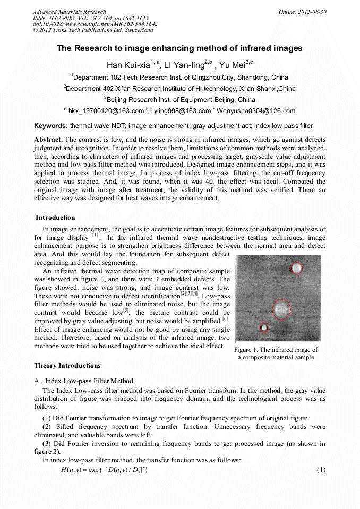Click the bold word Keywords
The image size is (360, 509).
pyautogui.click(x=50, y=126)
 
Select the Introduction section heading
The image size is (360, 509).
pyautogui.click(x=55, y=218)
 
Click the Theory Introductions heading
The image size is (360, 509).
pyautogui.click(x=67, y=366)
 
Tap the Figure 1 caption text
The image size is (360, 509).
pyautogui.click(x=276, y=353)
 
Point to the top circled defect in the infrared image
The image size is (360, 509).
pyautogui.click(x=296, y=269)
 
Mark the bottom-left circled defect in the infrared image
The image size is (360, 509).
pyautogui.click(x=262, y=327)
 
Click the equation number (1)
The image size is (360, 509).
pyautogui.click(x=321, y=470)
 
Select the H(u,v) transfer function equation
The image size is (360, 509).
pyautogui.click(x=100, y=470)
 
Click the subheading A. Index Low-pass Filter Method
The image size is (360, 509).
pyautogui.click(x=84, y=381)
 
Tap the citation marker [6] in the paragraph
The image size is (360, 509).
pyautogui.click(x=225, y=320)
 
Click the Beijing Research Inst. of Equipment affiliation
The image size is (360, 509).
pyautogui.click(x=179, y=99)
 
